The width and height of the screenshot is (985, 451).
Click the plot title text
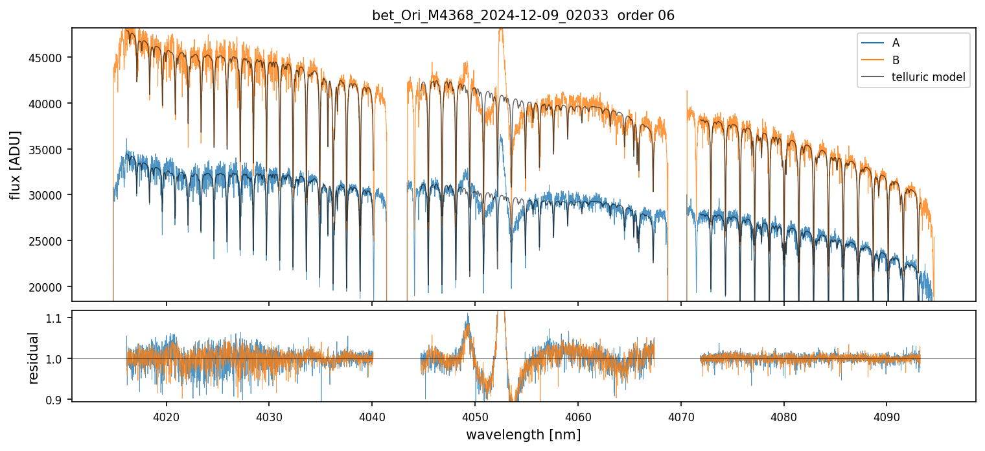[523, 16]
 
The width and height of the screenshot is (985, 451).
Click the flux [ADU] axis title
[15, 165]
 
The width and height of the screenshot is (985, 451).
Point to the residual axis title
[34, 358]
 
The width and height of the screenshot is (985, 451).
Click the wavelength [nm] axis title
[523, 435]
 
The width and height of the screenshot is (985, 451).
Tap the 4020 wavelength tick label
[166, 416]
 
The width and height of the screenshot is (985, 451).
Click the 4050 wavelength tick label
[474, 416]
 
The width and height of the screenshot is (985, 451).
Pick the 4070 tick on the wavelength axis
[680, 416]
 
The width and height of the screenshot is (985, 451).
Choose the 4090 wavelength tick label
[886, 416]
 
